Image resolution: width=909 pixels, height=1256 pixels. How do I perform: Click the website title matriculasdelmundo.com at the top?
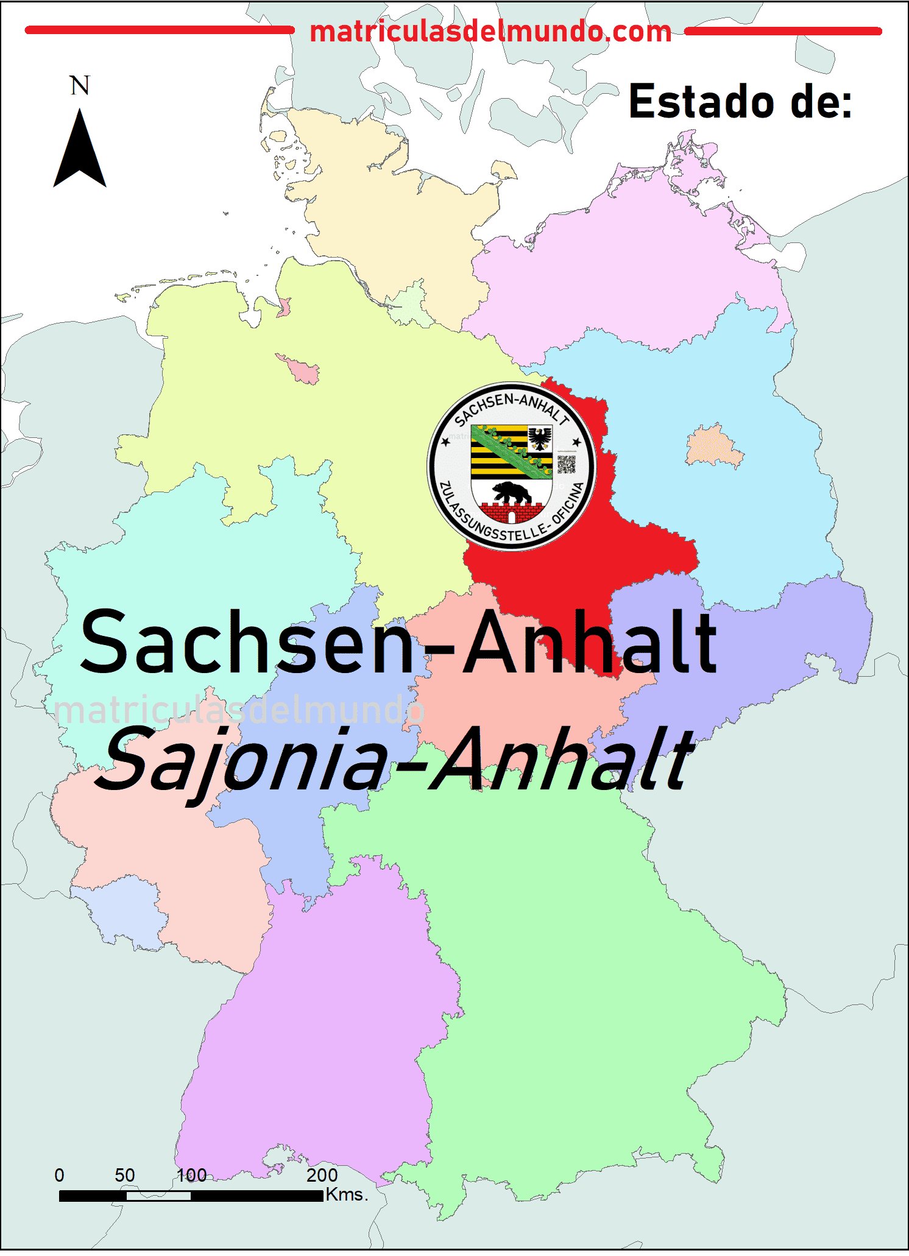(490, 32)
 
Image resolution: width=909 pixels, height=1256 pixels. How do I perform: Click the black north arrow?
(80, 152)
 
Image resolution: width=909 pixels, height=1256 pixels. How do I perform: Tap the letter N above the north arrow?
(80, 86)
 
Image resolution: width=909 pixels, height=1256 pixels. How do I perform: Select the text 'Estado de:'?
(740, 102)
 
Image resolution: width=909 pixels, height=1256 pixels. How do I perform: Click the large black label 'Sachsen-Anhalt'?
(399, 643)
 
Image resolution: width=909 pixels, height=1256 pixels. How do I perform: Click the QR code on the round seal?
(566, 464)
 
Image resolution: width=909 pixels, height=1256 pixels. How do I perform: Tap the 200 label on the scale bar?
(322, 1176)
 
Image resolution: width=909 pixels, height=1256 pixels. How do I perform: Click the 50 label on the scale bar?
(125, 1176)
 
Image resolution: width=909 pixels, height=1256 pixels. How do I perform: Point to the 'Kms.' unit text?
(347, 1195)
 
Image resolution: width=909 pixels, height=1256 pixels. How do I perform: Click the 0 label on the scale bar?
(59, 1176)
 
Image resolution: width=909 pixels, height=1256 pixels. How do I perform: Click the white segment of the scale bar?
(158, 1196)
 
